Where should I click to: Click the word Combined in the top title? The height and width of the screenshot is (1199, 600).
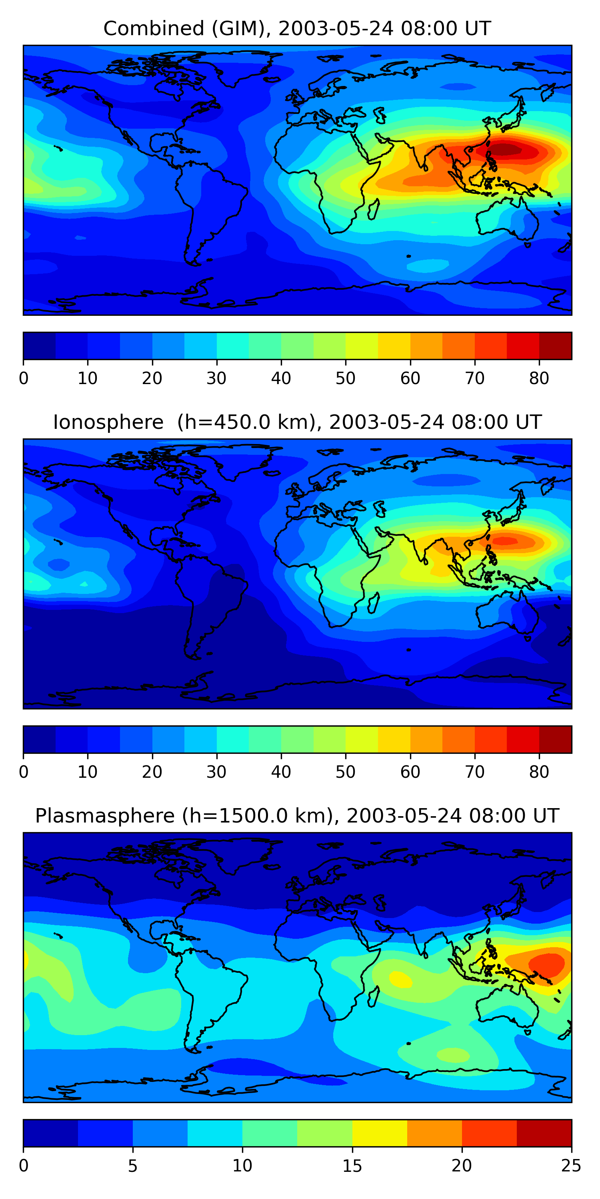tap(154, 28)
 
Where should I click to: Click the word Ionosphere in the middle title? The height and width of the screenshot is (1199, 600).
tap(108, 422)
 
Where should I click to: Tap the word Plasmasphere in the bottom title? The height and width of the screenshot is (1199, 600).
tap(105, 816)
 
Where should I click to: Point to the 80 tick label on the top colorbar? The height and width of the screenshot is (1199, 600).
tap(539, 378)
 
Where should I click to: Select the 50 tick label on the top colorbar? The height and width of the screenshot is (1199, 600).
tap(345, 378)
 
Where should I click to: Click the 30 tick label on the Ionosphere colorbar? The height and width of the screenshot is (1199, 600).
tap(217, 772)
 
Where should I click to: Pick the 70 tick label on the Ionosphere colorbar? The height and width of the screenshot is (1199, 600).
tap(475, 772)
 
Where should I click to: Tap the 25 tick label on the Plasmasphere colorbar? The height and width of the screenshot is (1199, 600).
tap(571, 1166)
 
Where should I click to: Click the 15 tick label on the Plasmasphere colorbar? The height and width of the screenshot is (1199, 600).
tap(352, 1166)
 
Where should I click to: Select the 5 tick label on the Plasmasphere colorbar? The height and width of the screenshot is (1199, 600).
tap(133, 1166)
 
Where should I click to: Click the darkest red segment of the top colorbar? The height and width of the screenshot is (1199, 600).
tap(555, 346)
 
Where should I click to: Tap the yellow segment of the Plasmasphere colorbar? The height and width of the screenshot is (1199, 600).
tap(380, 1133)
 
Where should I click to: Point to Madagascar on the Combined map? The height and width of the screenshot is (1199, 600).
tap(373, 209)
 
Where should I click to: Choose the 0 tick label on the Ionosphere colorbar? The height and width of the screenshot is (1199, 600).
tap(24, 772)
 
